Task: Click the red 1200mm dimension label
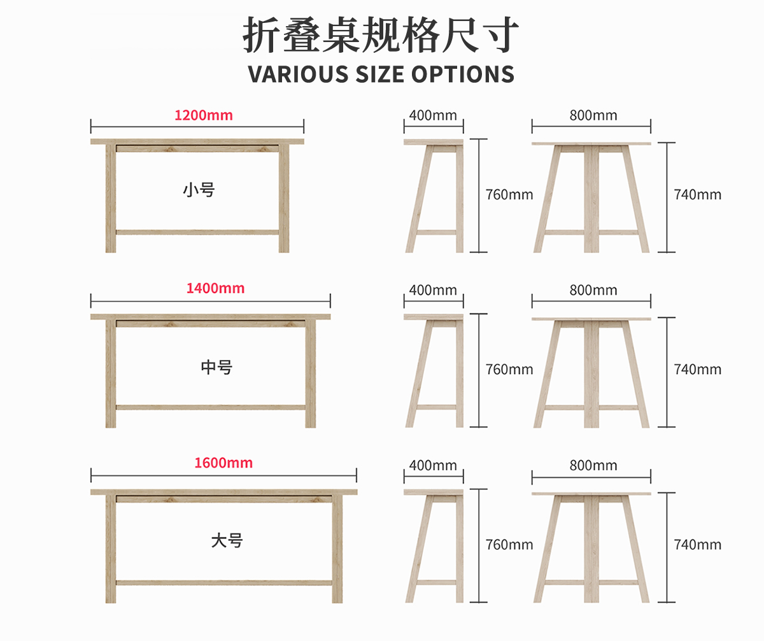coord(204,115)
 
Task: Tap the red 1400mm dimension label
coord(215,288)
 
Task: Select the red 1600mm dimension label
coord(223,463)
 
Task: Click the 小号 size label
coord(199,189)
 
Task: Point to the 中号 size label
coord(216,367)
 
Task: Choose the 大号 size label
coord(227,541)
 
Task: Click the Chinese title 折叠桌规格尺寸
coord(381,36)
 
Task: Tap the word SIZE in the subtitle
coord(374,74)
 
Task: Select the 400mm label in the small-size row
coord(433,115)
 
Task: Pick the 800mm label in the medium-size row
coord(593,291)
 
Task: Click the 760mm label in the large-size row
coord(509,545)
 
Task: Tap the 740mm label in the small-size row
coord(698,194)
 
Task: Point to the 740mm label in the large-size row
coord(698,545)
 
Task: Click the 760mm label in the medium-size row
coord(509,370)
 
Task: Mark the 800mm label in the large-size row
coord(593,466)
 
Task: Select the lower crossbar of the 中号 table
coord(210,407)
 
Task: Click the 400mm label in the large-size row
coord(433,466)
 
